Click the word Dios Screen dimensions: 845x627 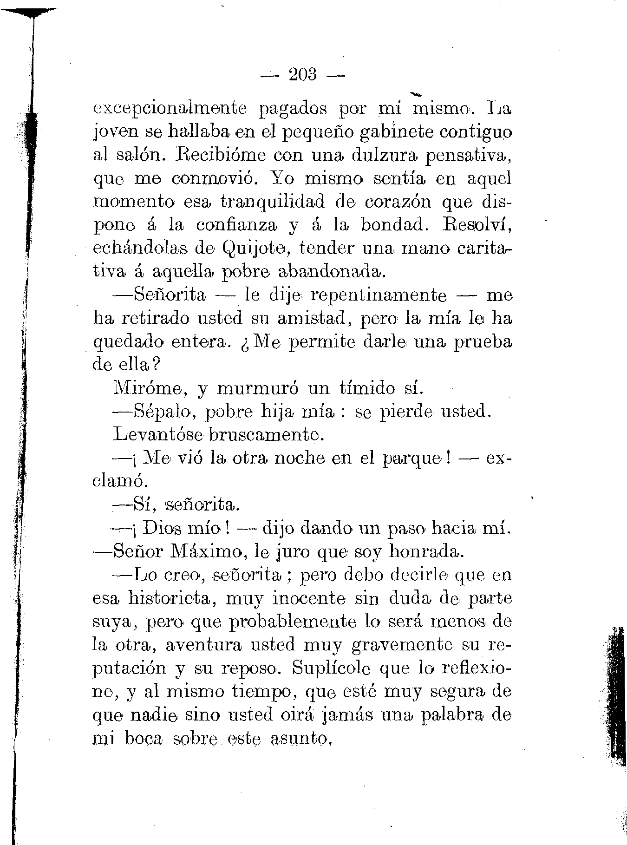point(165,528)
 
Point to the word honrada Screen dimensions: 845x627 point(426,552)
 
